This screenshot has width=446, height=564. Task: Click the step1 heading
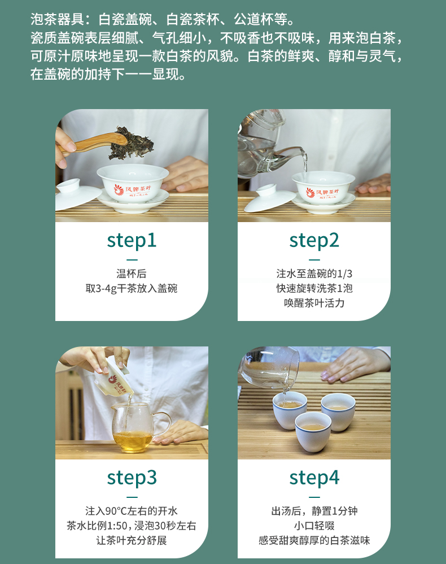point(132,241)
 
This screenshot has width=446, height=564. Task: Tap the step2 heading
point(314,241)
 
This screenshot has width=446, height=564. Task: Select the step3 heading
point(132,478)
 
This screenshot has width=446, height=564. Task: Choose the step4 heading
point(314,478)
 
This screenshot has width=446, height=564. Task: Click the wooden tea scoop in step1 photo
point(94,143)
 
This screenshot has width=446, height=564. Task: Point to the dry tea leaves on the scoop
point(131,143)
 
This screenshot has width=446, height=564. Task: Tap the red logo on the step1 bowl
point(119,189)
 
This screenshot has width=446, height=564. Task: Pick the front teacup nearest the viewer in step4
point(313,432)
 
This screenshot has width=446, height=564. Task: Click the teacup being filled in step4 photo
point(290,410)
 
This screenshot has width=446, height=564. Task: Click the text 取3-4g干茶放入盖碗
point(132,288)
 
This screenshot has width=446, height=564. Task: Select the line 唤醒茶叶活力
point(314,303)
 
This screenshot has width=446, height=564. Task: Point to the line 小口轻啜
point(314,526)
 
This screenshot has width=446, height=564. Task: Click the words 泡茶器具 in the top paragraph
point(58,19)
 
